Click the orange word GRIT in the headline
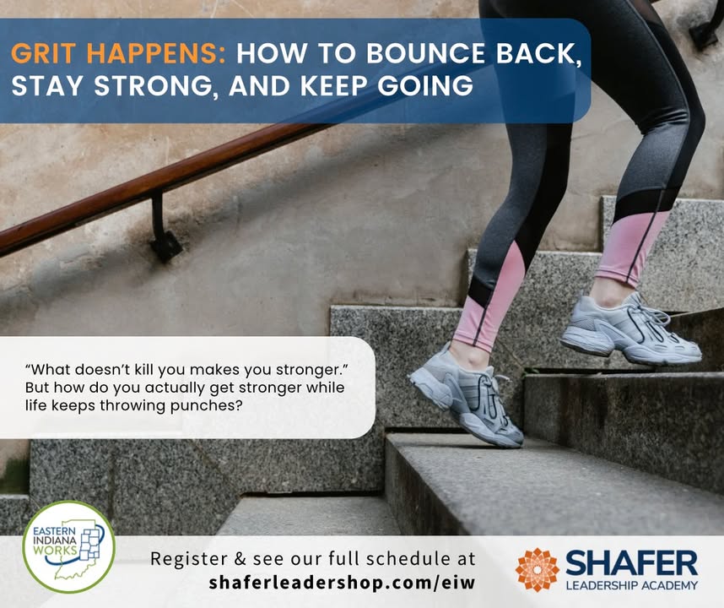click(x=43, y=53)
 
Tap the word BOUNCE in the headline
click(x=425, y=53)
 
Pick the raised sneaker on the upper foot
click(x=630, y=329)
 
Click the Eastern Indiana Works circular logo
click(x=69, y=547)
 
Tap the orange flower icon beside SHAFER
click(x=538, y=570)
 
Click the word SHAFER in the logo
click(x=632, y=563)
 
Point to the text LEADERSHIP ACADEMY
click(x=632, y=585)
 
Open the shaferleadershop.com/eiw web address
click(x=342, y=582)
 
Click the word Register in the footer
click(x=188, y=560)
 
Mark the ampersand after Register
click(x=240, y=558)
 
